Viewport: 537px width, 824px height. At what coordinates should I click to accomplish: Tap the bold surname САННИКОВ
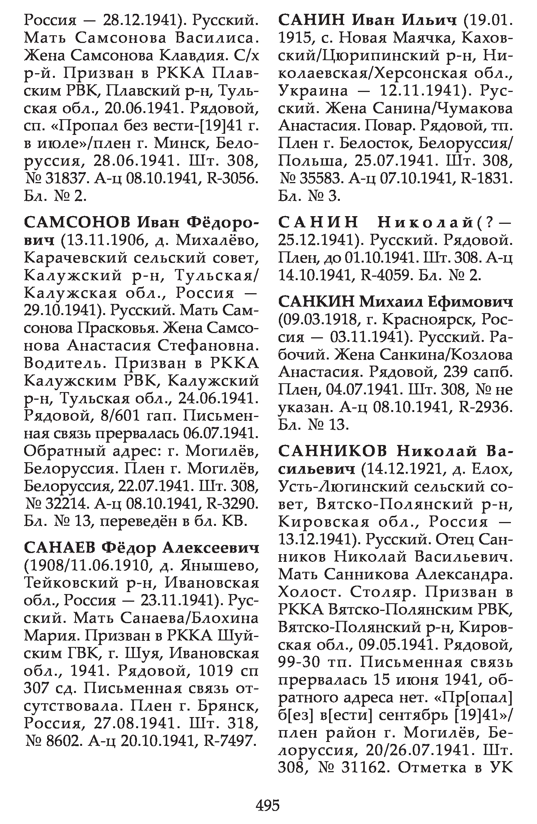pyautogui.click(x=333, y=451)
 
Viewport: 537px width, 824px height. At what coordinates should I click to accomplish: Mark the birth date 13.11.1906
pyautogui.click(x=101, y=241)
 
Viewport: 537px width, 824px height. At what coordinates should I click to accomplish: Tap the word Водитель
pyautogui.click(x=64, y=363)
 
